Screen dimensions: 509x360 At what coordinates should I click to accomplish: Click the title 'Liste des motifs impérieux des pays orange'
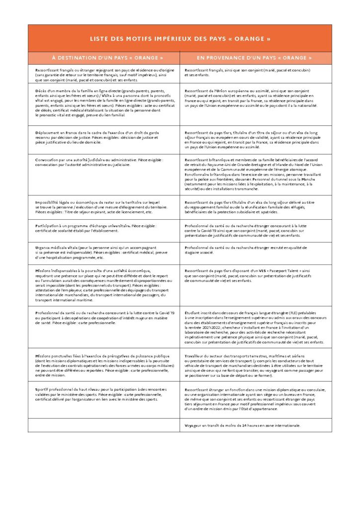(180, 38)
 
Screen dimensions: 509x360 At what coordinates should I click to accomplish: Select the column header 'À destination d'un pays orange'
(104, 58)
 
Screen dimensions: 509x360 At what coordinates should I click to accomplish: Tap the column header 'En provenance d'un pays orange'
(256, 58)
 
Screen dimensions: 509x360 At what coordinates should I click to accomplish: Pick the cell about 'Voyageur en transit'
(256, 425)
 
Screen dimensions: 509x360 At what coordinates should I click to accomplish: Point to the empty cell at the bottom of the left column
(104, 425)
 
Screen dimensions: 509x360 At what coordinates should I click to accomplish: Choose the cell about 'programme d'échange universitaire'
(104, 228)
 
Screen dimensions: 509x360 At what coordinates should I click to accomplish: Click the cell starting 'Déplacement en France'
(104, 139)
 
